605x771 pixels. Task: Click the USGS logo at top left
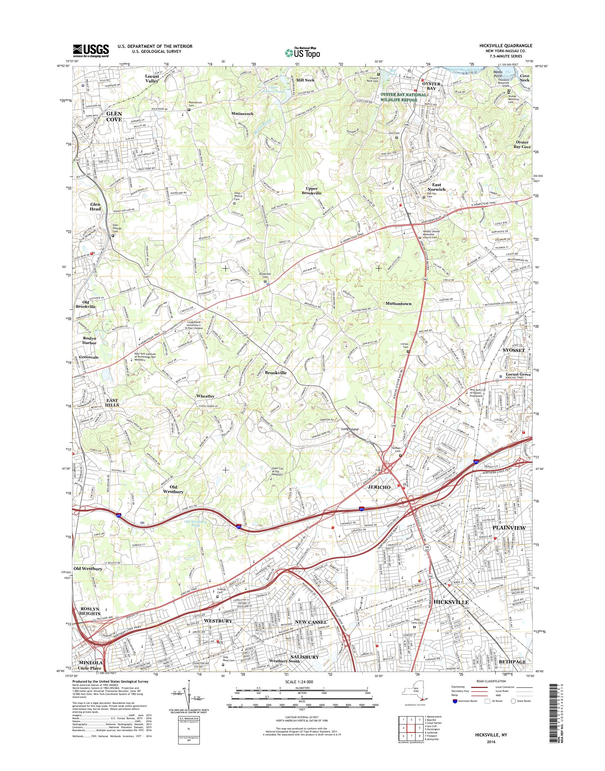tap(91, 51)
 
